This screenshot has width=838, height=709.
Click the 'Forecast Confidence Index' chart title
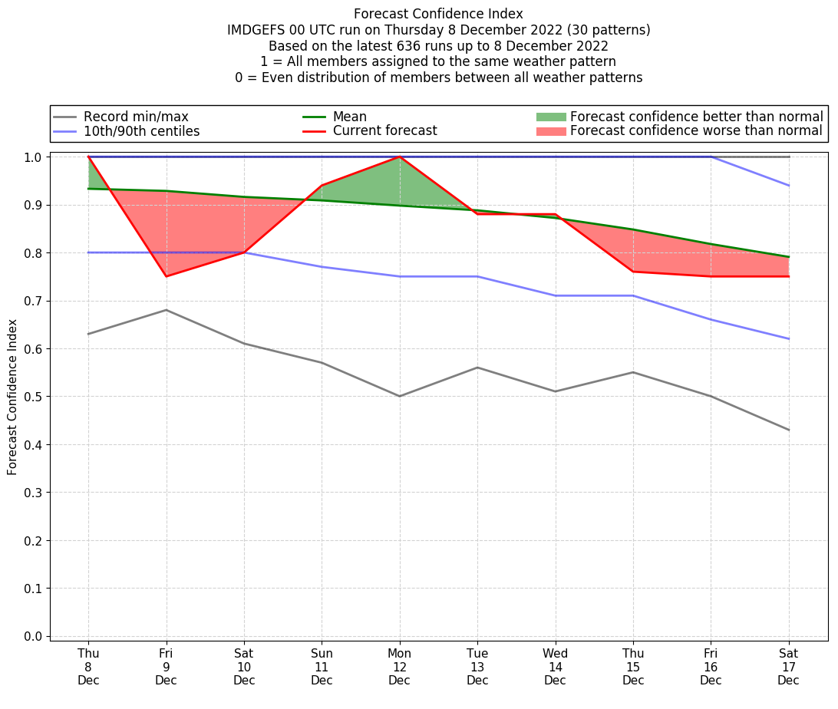click(438, 14)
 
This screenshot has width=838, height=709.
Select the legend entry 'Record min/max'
click(136, 117)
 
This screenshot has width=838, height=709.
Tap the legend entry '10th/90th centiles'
click(141, 131)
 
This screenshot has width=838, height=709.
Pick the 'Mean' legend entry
click(349, 117)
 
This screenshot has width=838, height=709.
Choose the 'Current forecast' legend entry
click(384, 131)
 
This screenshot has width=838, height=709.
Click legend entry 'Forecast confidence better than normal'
click(696, 117)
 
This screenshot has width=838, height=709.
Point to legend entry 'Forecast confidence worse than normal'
click(696, 131)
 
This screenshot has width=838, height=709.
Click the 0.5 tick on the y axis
click(33, 397)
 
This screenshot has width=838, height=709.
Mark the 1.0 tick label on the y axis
click(33, 157)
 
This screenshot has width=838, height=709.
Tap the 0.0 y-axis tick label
click(33, 636)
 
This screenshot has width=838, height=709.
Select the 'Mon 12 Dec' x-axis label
click(399, 667)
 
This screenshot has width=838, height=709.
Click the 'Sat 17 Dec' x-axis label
click(788, 667)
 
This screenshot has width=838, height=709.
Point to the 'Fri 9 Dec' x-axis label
click(166, 667)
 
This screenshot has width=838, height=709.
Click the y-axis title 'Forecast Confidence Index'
click(12, 397)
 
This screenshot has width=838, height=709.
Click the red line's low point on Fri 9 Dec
click(166, 276)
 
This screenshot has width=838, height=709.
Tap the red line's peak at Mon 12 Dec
click(399, 157)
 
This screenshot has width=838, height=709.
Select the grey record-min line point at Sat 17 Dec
click(788, 430)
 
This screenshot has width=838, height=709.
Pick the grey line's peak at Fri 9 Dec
click(166, 310)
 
